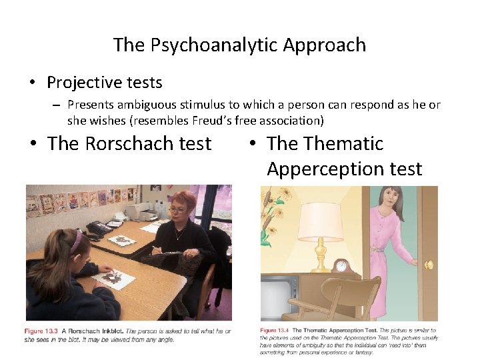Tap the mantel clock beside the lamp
(x=343, y=266)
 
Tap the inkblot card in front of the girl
(x=113, y=278)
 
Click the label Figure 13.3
(x=41, y=331)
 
